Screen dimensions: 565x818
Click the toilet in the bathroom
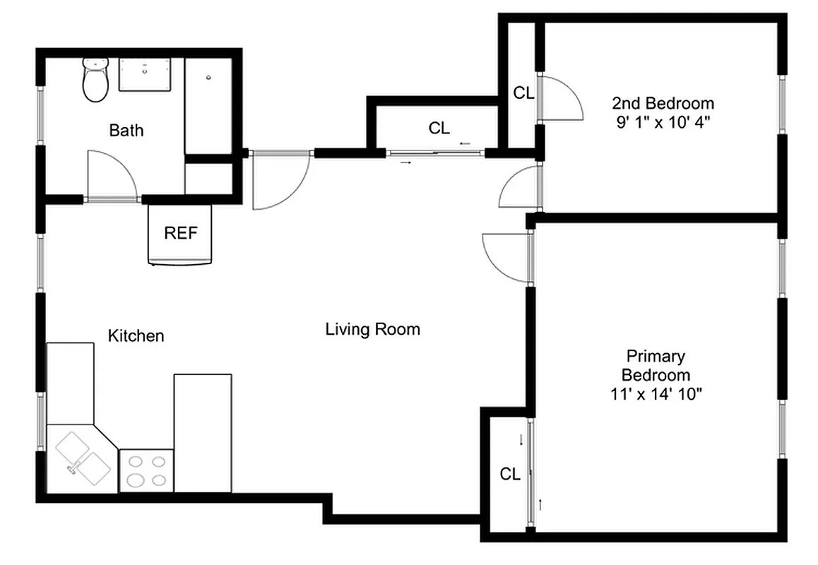tap(95, 79)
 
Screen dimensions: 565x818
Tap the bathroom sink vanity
tap(145, 75)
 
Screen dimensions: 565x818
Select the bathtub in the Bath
tap(208, 105)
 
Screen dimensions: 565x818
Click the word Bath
tap(126, 131)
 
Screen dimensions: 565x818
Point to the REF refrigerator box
tap(180, 234)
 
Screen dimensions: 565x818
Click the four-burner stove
tap(147, 471)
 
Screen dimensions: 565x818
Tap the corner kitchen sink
tap(83, 456)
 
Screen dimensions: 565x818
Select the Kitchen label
tap(136, 335)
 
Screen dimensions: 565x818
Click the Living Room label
tap(372, 329)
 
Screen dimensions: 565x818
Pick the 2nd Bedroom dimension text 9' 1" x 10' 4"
tap(662, 121)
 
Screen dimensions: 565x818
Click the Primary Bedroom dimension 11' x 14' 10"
tap(656, 394)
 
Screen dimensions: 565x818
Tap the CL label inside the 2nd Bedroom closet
tap(523, 93)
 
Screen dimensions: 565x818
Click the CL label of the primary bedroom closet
tap(510, 475)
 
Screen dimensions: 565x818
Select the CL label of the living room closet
tap(439, 128)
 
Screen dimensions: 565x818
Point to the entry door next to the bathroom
tap(279, 180)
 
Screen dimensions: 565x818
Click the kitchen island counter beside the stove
tap(203, 432)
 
